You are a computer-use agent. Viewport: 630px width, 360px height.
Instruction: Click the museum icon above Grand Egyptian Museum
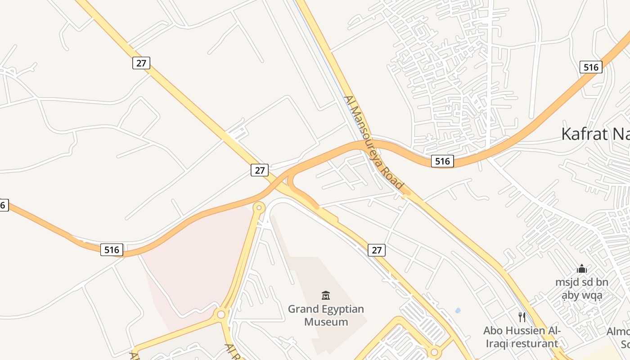tap(326, 296)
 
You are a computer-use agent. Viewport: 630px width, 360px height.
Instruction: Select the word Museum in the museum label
tap(326, 322)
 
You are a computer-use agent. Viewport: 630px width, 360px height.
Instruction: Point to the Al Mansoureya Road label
tap(373, 142)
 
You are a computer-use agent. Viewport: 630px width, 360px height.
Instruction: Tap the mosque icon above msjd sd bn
tap(582, 269)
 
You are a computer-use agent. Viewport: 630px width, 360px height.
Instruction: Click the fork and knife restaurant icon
tap(522, 317)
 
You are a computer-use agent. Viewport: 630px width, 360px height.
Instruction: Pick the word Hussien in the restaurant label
tap(524, 331)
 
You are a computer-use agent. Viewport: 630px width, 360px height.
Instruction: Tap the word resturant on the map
tap(533, 344)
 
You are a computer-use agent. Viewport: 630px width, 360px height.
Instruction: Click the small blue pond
tap(458, 310)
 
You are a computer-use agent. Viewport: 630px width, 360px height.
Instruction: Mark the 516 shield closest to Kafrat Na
tap(590, 67)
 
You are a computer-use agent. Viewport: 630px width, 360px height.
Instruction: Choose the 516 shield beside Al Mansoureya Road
tap(442, 161)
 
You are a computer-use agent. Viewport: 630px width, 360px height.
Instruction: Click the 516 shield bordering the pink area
tap(112, 250)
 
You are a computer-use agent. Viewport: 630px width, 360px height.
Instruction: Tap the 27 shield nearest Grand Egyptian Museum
tap(377, 250)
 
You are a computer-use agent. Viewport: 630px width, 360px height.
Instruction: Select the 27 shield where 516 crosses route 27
tap(260, 170)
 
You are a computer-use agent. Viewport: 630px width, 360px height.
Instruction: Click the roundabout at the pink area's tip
tap(259, 207)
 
